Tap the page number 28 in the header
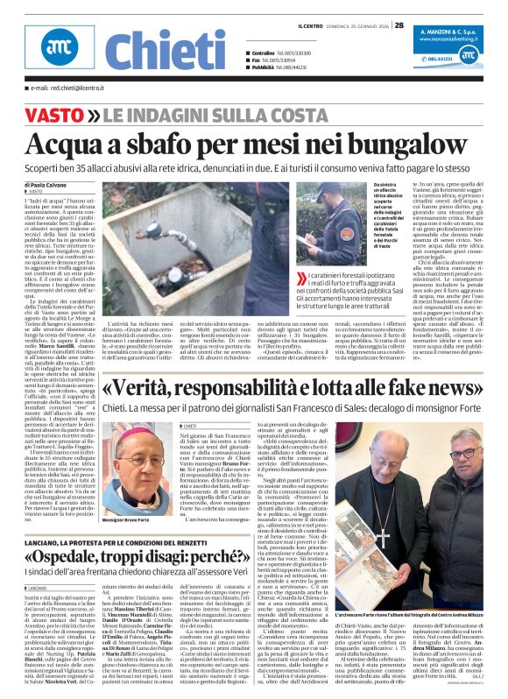click(x=399, y=25)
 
